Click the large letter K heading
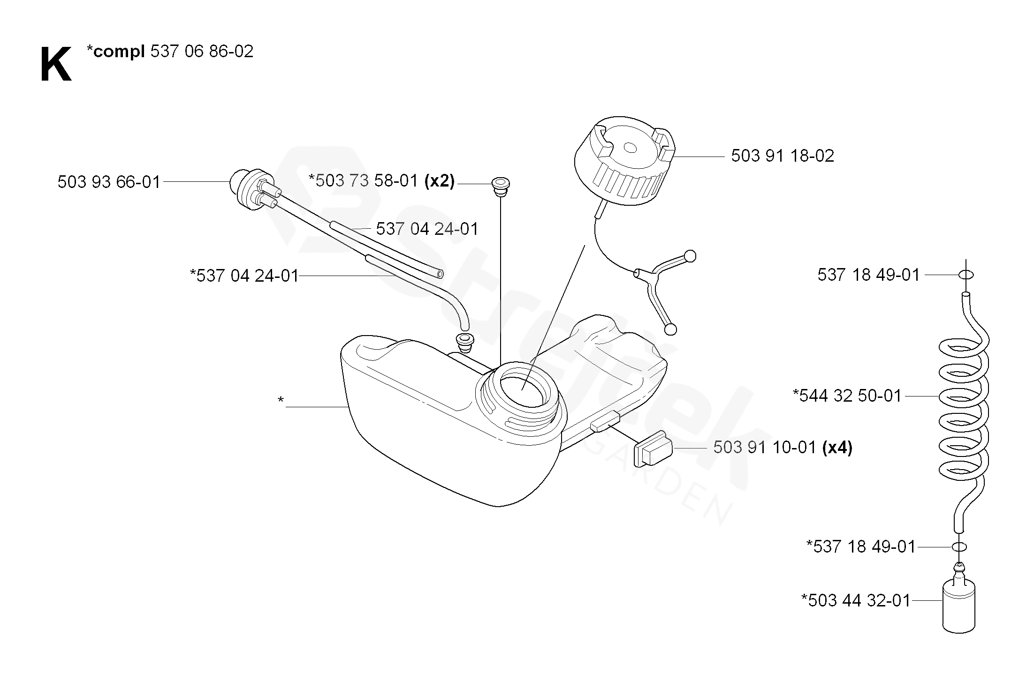(x=56, y=65)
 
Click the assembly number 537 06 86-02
(x=202, y=51)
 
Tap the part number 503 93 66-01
(x=109, y=182)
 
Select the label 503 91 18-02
(x=783, y=156)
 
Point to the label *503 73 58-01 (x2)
(x=381, y=181)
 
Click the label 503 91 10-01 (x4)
(x=783, y=448)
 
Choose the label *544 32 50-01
(x=847, y=396)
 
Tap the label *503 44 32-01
(x=855, y=600)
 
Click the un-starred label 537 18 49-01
(x=868, y=275)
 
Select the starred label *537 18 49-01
(x=860, y=546)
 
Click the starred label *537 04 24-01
(x=244, y=276)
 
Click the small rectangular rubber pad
(x=653, y=449)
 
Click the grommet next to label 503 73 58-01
(x=501, y=184)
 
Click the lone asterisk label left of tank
(x=281, y=401)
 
